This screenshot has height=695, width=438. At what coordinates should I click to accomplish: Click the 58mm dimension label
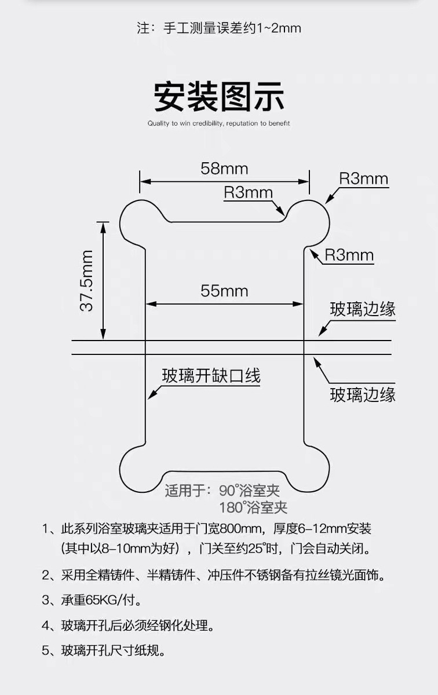(x=224, y=169)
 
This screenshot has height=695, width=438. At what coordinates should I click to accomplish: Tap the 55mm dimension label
(x=224, y=291)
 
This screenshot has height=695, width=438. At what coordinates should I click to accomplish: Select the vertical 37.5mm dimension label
(x=87, y=281)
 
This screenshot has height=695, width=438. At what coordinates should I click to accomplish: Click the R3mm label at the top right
(x=363, y=178)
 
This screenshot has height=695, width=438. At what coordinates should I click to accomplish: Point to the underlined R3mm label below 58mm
(x=248, y=192)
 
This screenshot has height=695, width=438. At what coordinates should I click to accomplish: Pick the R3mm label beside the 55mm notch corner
(x=349, y=255)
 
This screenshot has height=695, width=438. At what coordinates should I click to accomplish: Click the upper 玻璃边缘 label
(x=363, y=309)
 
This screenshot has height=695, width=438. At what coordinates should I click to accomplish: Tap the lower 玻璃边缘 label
(x=363, y=395)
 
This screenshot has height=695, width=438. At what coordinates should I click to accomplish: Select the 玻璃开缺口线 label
(x=211, y=376)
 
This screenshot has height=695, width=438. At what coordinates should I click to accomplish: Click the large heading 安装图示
(x=219, y=96)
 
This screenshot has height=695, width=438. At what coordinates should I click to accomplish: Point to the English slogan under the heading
(x=218, y=123)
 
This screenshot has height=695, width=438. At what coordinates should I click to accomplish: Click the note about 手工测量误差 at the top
(x=219, y=28)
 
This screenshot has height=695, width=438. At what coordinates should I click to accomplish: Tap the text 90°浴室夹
(x=249, y=491)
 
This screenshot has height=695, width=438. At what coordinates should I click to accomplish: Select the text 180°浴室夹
(x=253, y=508)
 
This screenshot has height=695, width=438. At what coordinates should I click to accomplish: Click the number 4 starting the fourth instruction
(x=46, y=625)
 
